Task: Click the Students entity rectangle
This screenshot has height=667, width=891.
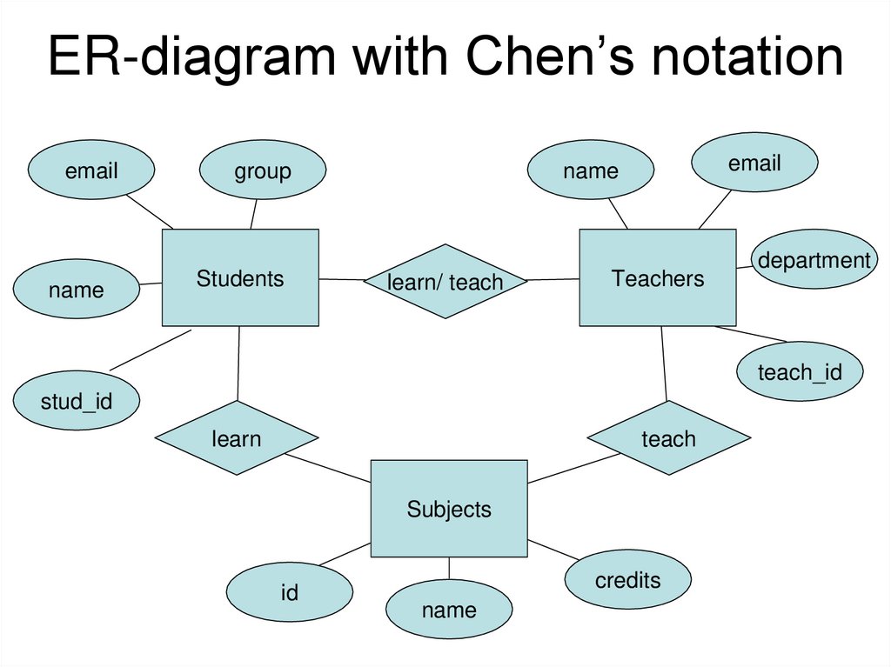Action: pos(240,278)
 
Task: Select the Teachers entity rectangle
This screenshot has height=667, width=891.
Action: pos(657,278)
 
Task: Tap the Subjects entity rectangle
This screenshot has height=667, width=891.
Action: pos(449,509)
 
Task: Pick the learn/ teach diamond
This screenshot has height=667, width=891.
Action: pos(445,281)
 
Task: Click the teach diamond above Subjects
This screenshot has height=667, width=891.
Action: pos(668,438)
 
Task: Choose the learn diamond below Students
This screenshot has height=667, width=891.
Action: pos(237,438)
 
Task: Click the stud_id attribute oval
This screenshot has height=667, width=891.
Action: pos(77,400)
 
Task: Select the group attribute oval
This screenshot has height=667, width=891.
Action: pos(262,170)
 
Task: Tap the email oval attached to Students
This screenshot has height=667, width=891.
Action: pos(91,170)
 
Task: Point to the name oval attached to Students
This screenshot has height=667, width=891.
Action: pos(77,290)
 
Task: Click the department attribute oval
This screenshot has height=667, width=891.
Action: pos(814,259)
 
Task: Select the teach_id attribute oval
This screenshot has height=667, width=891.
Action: pos(800,371)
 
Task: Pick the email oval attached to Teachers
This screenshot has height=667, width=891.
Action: pos(754,163)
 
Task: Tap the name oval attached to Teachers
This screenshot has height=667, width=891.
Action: pos(591,170)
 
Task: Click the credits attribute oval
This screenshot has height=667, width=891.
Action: pos(627,580)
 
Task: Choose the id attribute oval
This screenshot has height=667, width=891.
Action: pos(290,593)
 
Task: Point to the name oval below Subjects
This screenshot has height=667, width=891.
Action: pos(449,610)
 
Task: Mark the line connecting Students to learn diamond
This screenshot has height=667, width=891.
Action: pos(238,364)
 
